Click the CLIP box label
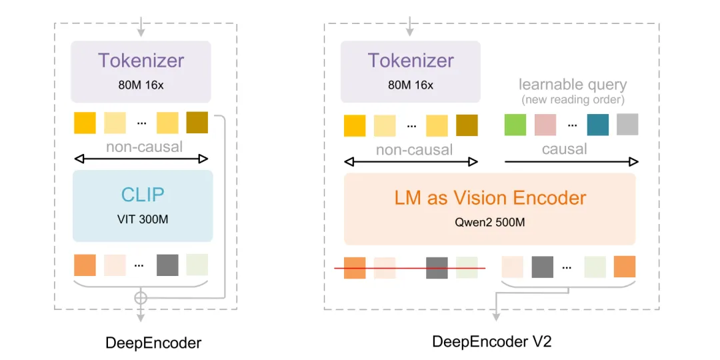(141, 194)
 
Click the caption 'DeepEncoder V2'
(492, 342)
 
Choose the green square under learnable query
(515, 125)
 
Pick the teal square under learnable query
(597, 125)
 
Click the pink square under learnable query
(545, 125)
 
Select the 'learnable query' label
(572, 85)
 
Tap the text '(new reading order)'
(572, 99)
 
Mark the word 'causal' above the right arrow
(564, 149)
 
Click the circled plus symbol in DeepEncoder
(141, 297)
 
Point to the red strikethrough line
(409, 268)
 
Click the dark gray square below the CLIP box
(167, 265)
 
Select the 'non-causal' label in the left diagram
(144, 147)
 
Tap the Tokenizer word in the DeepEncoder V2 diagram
(411, 60)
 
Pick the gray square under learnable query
(627, 125)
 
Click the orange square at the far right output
(625, 267)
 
